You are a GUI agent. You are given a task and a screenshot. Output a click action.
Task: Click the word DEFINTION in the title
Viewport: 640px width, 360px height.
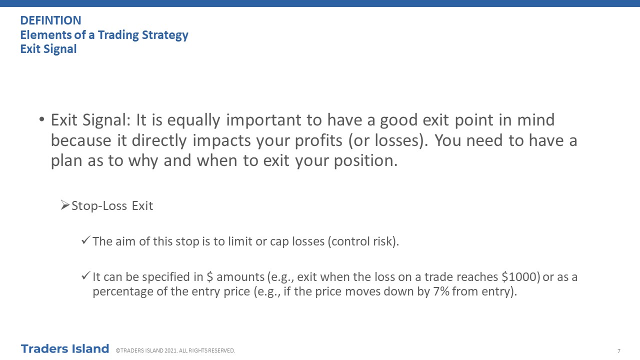click(51, 20)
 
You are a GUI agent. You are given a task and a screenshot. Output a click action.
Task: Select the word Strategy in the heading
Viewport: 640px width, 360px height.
click(165, 35)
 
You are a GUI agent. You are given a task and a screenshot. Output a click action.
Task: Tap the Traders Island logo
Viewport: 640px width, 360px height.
click(65, 349)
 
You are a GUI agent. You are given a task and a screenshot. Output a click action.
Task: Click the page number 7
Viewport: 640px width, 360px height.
click(619, 351)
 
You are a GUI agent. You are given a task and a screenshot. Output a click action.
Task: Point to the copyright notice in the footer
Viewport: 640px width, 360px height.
click(175, 350)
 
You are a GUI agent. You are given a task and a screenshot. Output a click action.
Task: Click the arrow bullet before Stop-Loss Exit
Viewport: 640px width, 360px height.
click(65, 205)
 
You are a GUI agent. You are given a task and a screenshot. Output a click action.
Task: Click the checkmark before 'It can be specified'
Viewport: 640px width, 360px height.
click(86, 275)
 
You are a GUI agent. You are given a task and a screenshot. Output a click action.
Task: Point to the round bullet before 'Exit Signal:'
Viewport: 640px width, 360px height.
click(41, 119)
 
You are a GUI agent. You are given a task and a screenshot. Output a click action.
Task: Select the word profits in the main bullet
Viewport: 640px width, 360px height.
click(318, 140)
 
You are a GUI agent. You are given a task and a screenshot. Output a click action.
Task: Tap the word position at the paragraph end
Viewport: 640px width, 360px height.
click(365, 161)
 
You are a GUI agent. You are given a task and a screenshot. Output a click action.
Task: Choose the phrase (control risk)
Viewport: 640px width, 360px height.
click(363, 241)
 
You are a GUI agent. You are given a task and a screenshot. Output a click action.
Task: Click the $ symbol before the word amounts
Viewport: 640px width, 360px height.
click(210, 277)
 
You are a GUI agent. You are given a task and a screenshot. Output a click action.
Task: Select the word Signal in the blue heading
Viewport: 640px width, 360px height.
click(60, 49)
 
